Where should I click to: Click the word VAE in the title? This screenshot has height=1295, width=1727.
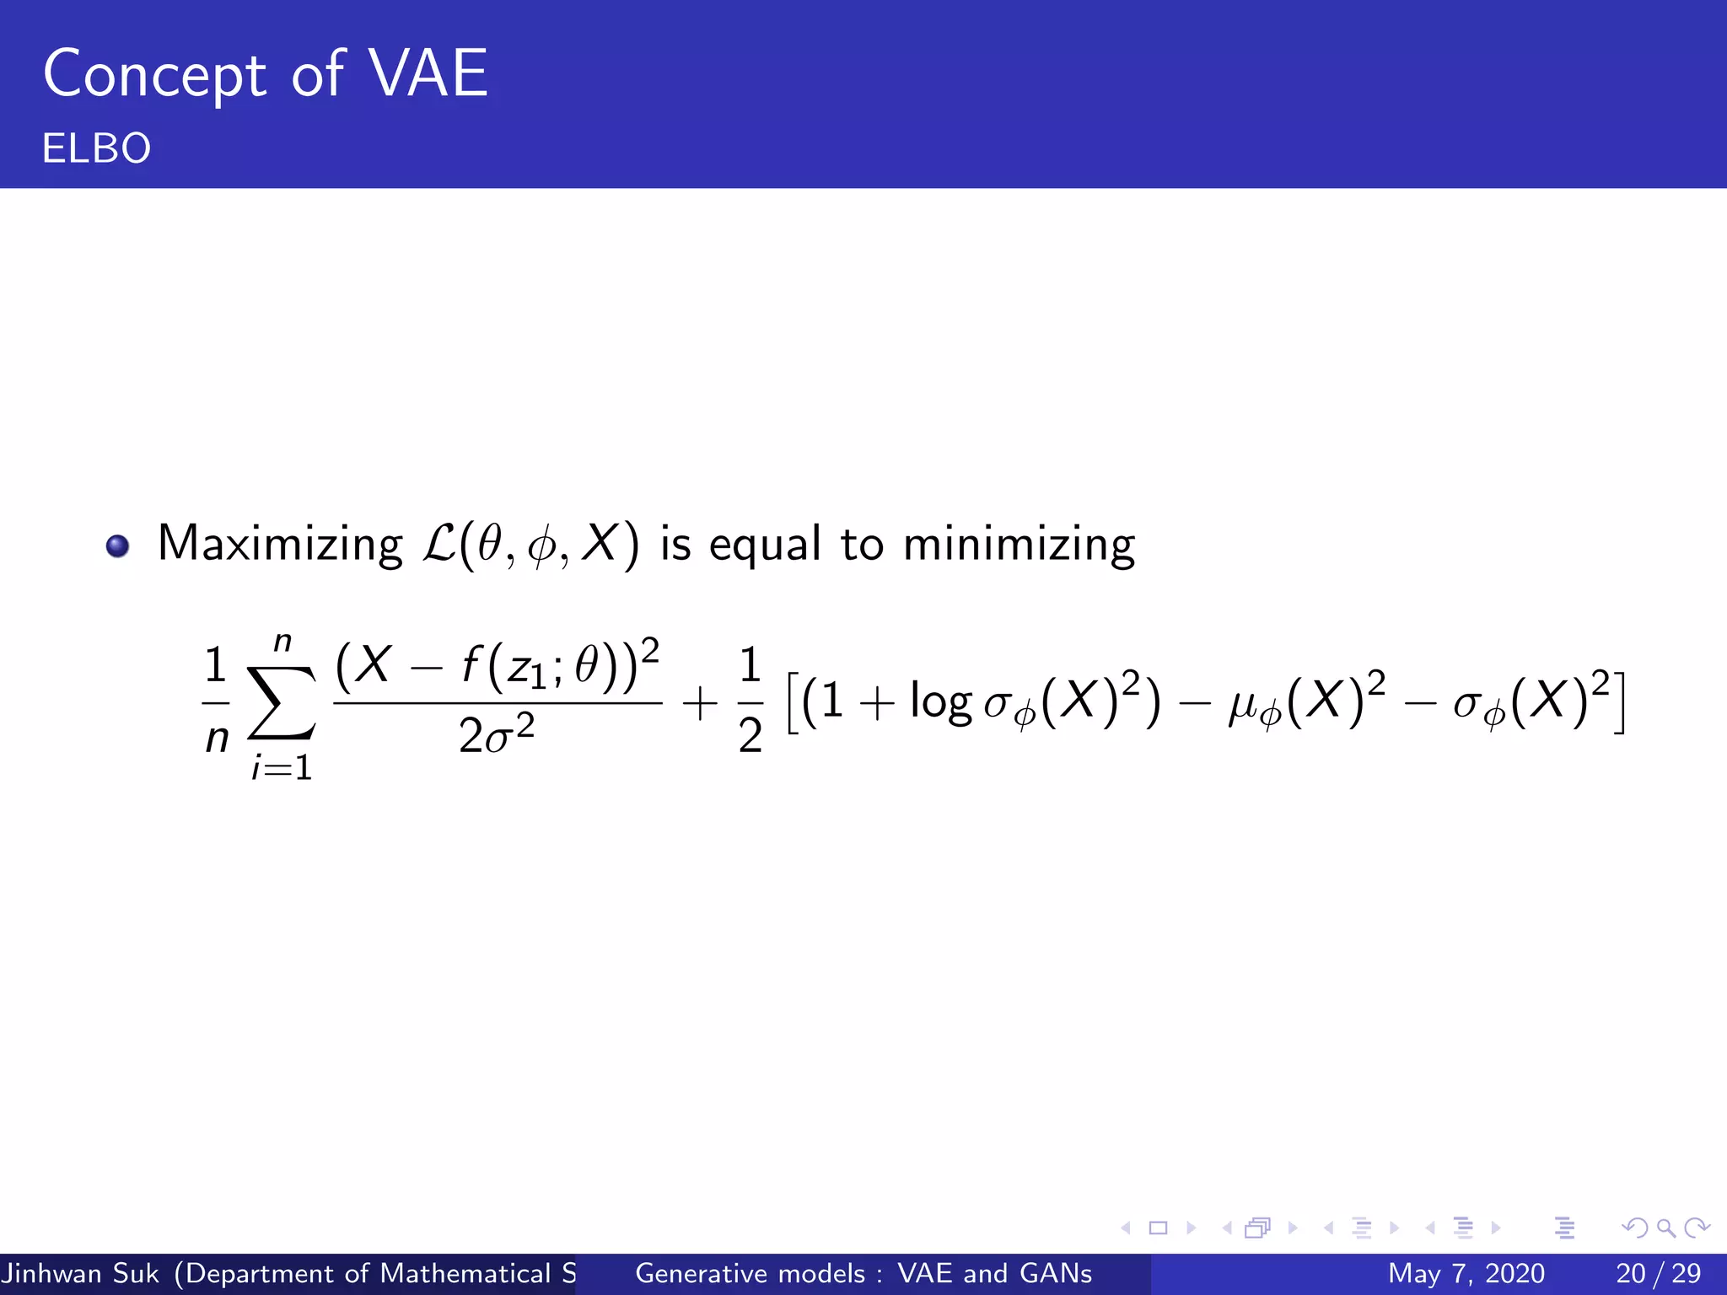tap(429, 74)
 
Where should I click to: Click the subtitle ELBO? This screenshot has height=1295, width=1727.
tap(96, 148)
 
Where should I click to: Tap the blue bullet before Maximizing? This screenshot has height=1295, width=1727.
tap(118, 546)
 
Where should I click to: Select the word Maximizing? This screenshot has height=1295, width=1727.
tap(280, 545)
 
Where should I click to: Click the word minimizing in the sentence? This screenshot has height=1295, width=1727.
tap(1019, 545)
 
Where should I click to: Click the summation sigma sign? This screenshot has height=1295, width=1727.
tap(282, 703)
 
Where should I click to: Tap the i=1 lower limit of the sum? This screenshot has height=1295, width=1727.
tap(282, 767)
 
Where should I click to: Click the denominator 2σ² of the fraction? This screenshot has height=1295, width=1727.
tap(496, 735)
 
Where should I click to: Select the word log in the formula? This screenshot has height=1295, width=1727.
tap(941, 701)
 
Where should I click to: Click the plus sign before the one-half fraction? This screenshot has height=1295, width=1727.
tap(700, 703)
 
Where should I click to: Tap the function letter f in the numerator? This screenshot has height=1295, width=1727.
tap(471, 666)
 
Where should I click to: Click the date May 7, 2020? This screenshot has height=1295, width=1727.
tap(1466, 1273)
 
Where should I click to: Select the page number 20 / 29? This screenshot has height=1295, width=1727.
tap(1658, 1273)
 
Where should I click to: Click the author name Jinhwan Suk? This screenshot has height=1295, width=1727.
tap(81, 1273)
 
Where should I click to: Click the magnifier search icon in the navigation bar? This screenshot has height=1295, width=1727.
tap(1665, 1228)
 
